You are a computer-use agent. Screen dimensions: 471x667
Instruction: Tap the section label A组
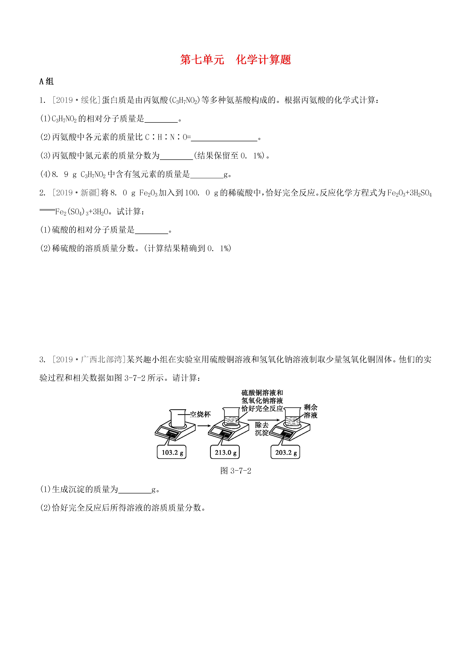click(x=46, y=81)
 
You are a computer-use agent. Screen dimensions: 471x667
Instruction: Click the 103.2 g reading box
click(x=172, y=452)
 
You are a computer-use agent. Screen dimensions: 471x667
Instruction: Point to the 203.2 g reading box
click(x=285, y=452)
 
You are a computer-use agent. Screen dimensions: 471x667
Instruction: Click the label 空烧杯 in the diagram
click(x=200, y=414)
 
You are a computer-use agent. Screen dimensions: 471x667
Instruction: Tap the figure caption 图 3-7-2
click(x=236, y=471)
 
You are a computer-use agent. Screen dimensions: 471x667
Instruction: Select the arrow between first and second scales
click(x=204, y=426)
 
